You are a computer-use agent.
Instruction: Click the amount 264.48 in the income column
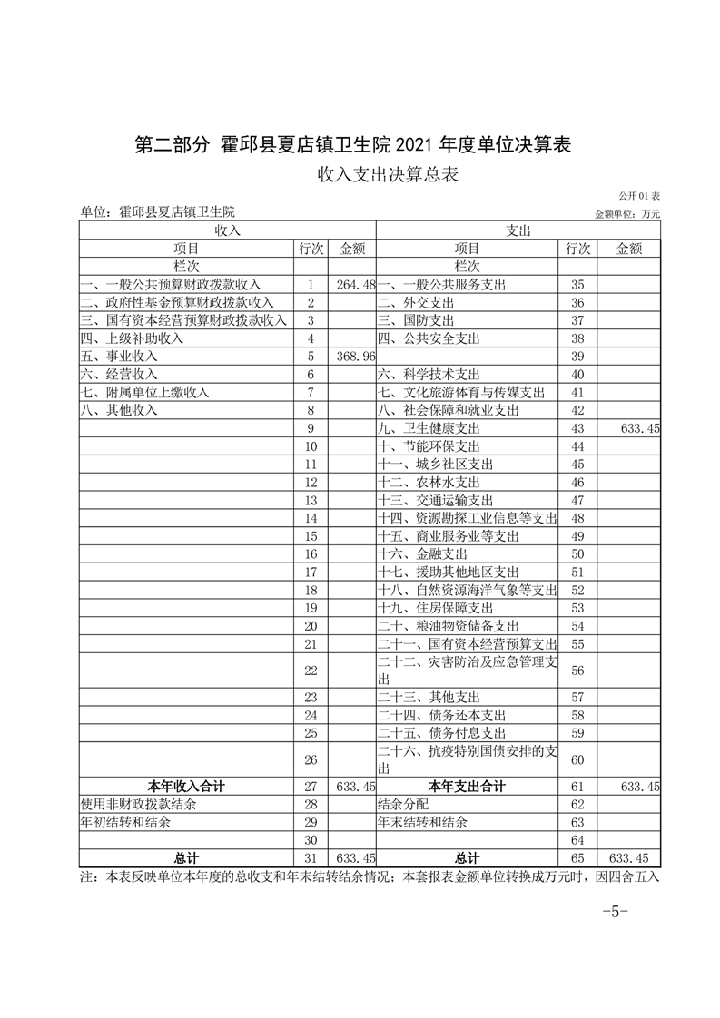(x=355, y=285)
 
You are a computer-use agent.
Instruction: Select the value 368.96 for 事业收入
(x=355, y=357)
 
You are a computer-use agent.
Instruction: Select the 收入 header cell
(x=227, y=231)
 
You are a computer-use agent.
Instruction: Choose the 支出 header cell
(x=518, y=231)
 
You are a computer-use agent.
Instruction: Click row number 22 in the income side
(x=311, y=670)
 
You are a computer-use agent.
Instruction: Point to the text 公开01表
(x=639, y=196)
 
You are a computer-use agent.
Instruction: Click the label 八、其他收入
(x=119, y=410)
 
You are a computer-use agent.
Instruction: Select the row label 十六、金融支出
(x=422, y=553)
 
